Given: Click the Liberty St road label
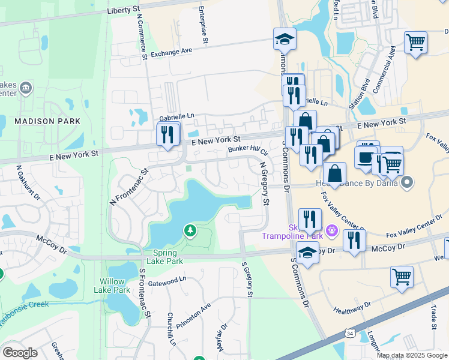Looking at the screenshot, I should pos(127,11).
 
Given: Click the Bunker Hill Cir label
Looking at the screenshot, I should pos(247,149).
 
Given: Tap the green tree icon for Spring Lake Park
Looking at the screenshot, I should pos(190,230).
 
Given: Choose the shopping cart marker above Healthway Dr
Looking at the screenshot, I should pos(402,276).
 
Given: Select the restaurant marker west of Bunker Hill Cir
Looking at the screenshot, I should pos(168,133).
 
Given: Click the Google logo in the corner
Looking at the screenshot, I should pos(20,352).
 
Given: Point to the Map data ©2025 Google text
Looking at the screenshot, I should pos(412,355).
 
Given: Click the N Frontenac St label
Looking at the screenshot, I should pos(128,188).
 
